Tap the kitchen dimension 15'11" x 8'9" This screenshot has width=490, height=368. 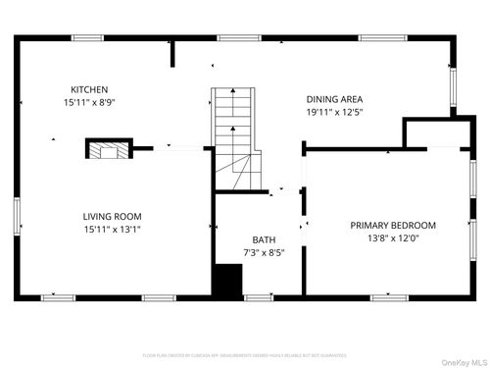89,102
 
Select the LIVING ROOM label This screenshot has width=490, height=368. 112,216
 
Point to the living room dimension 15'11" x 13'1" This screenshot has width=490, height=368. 112,230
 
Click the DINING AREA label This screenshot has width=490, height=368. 335,99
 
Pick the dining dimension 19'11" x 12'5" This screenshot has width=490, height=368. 335,112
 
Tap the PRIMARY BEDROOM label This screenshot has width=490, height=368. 393,225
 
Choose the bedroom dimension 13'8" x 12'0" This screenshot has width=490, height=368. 393,238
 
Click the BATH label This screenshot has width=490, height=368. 264,239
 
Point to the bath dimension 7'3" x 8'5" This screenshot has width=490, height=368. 264,252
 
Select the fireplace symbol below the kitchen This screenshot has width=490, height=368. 108,149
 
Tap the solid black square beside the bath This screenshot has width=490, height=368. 227,280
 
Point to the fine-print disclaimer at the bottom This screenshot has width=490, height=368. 245,354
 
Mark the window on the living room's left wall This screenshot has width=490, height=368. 16,217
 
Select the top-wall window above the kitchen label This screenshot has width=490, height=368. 87,37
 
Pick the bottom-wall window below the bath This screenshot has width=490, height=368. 258,297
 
